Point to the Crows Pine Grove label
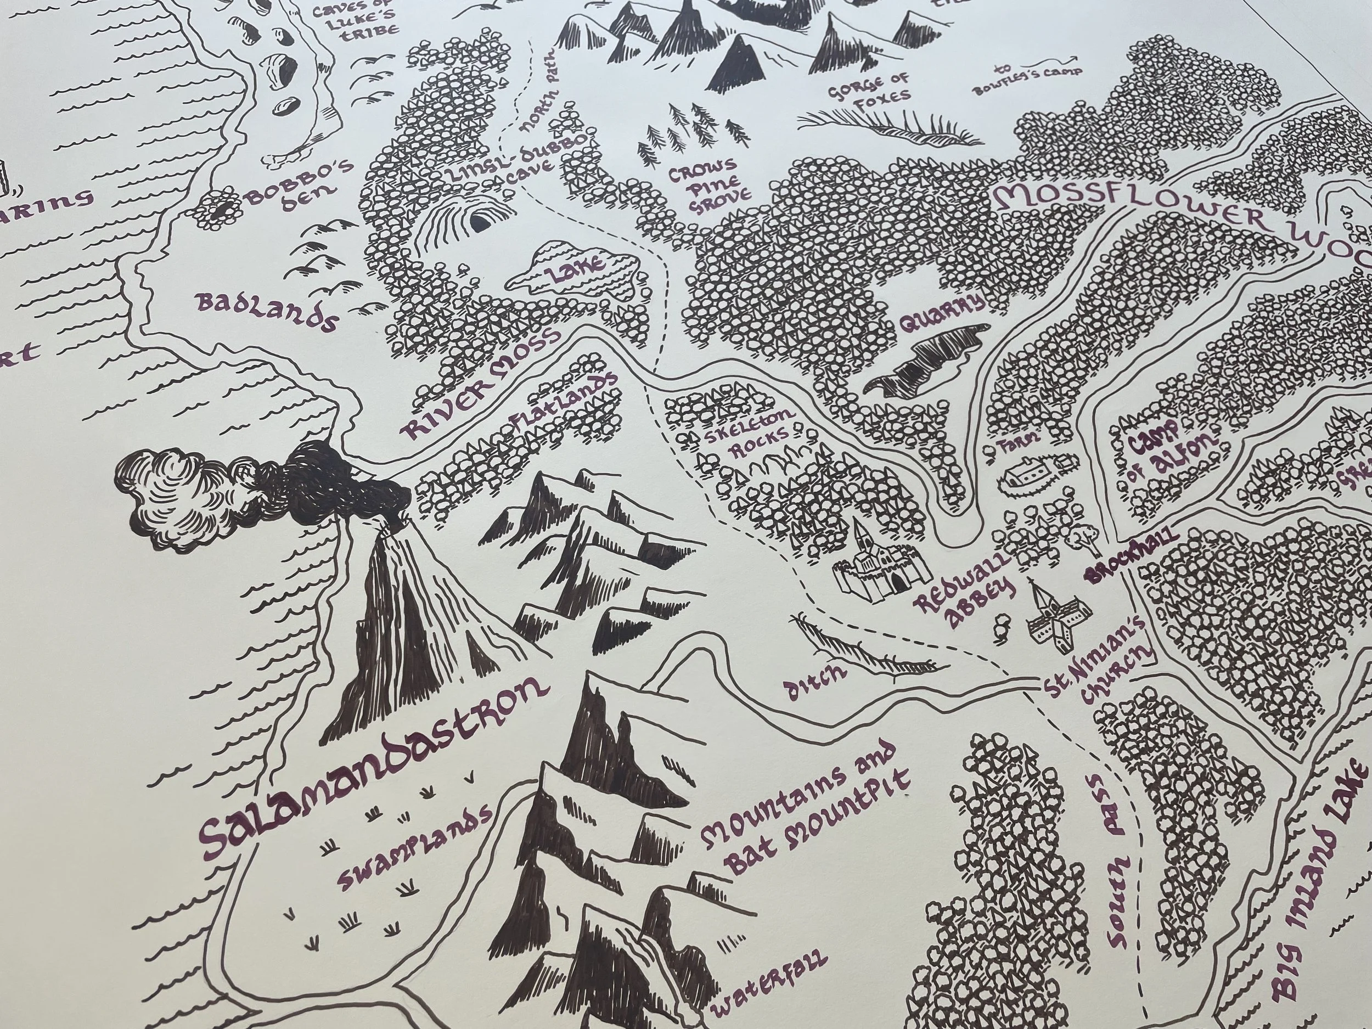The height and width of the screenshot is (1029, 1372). [703, 186]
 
